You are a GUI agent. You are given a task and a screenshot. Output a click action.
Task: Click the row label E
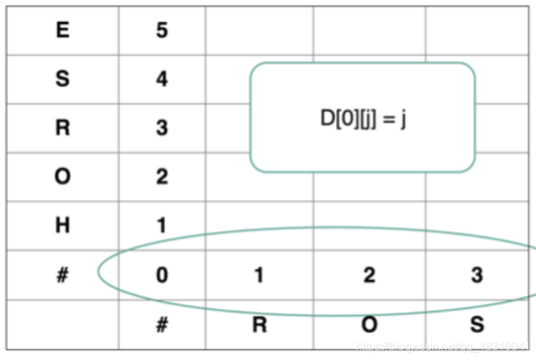[x=63, y=31]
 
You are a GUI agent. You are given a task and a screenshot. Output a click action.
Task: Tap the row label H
[x=63, y=226]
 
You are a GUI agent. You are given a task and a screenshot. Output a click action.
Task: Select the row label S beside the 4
[x=63, y=79]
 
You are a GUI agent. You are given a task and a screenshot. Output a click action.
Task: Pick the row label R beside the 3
[x=63, y=128]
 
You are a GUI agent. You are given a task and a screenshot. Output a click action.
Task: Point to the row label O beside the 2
[x=63, y=176]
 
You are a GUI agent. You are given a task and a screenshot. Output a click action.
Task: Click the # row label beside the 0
[x=63, y=275]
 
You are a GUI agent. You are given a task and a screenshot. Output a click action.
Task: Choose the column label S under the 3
[x=477, y=325]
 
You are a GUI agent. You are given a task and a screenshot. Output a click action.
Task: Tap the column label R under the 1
[x=259, y=325]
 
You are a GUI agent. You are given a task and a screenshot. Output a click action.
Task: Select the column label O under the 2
[x=369, y=325]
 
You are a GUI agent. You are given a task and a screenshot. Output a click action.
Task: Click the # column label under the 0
[x=162, y=325]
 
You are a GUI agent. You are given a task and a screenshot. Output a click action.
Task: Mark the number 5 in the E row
[x=162, y=31]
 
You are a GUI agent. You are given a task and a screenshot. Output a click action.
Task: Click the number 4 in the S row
[x=162, y=79]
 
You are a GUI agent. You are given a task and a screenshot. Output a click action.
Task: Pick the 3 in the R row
[x=162, y=128]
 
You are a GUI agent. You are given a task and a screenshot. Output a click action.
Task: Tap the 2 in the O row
[x=162, y=176]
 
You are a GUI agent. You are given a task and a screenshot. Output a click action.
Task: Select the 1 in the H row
[x=162, y=226]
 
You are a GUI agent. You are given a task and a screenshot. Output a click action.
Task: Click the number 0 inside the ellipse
[x=162, y=275]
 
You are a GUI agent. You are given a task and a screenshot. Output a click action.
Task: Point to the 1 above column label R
[x=259, y=275]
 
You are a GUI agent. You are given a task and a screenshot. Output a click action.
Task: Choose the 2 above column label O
[x=369, y=275]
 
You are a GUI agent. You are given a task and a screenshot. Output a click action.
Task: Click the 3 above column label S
[x=477, y=275]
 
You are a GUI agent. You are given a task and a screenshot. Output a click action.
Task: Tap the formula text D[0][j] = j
[x=363, y=119]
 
